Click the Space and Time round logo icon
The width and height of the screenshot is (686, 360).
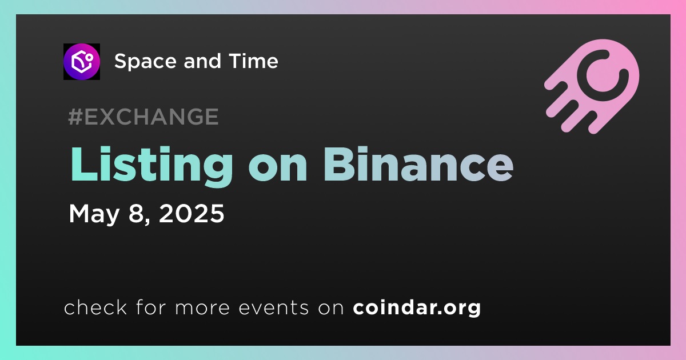tap(81, 62)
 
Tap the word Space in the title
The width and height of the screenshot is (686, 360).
tap(145, 62)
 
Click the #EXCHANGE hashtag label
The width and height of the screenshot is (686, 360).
tap(143, 117)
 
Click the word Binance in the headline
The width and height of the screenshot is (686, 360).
tap(418, 164)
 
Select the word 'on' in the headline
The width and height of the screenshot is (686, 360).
tap(278, 169)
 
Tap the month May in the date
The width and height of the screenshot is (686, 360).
tap(94, 214)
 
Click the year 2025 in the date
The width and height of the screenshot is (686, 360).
tap(192, 213)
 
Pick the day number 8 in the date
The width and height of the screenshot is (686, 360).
tap(136, 213)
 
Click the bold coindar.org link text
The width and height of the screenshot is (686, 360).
tap(417, 307)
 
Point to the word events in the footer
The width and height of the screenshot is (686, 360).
tap(273, 307)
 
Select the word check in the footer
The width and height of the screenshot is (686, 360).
tap(95, 307)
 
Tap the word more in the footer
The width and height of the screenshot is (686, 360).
tap(202, 308)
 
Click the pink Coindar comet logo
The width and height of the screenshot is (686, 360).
tap(592, 86)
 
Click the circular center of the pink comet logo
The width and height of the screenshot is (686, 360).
tap(603, 75)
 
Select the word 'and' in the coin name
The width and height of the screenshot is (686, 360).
tap(202, 61)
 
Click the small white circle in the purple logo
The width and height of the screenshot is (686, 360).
tap(89, 57)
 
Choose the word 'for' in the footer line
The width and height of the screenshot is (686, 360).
tap(151, 307)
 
